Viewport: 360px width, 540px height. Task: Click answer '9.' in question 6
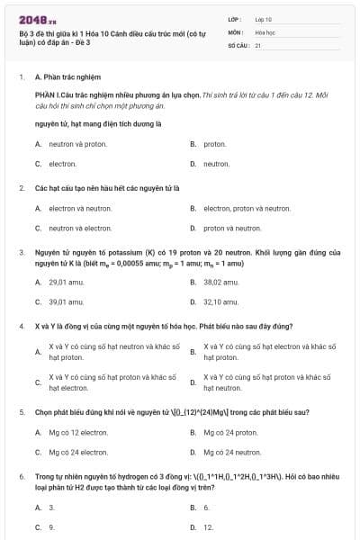click(51, 527)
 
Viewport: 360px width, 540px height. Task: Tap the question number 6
click(22, 474)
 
